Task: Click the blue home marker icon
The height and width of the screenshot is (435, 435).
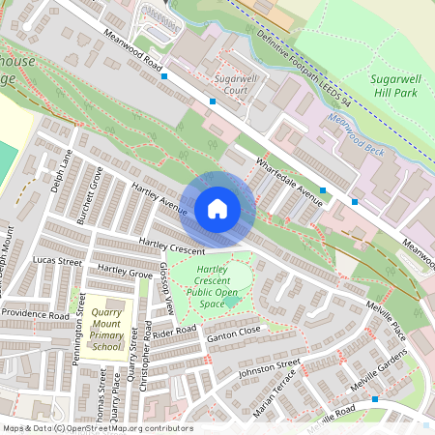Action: (217, 209)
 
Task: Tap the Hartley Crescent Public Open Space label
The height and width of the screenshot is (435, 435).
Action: (212, 285)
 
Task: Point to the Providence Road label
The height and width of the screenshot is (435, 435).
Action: (35, 314)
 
